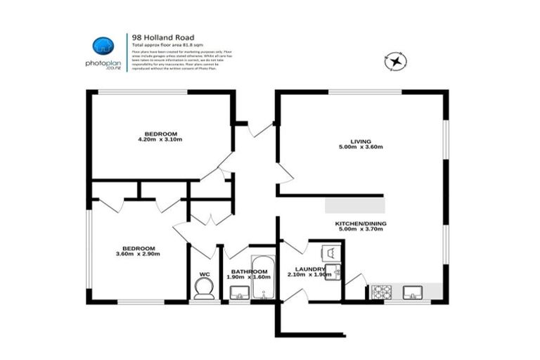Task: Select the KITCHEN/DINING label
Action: click(x=360, y=223)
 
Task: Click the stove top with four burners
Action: click(x=382, y=290)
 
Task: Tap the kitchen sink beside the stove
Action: click(x=413, y=290)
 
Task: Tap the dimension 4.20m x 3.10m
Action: click(x=161, y=140)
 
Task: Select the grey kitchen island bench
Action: click(x=355, y=205)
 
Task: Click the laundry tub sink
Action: click(x=337, y=271)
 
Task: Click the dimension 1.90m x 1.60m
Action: click(x=248, y=277)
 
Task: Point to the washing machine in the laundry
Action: click(x=329, y=251)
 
